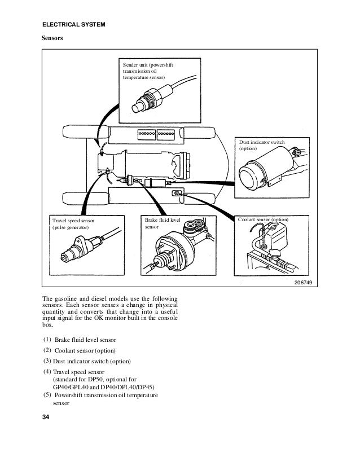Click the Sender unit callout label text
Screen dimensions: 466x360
pos(148,72)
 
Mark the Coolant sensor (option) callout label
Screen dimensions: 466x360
pos(263,219)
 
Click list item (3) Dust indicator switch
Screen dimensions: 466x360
pos(90,361)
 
